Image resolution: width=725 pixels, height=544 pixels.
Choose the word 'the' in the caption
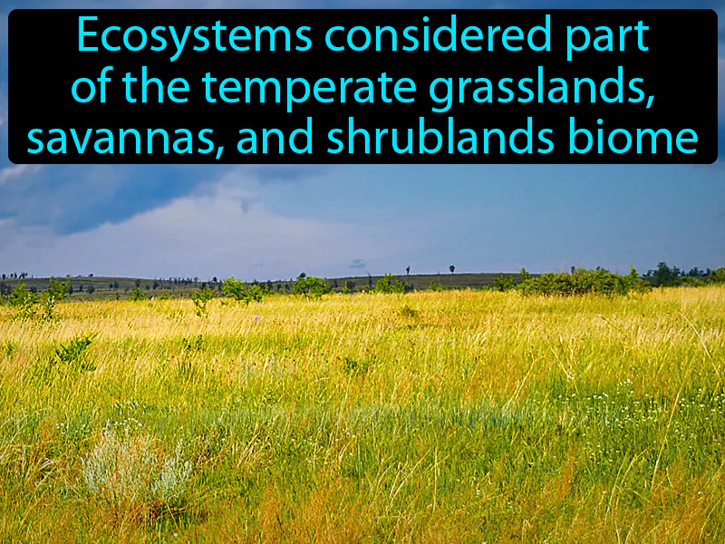(159, 89)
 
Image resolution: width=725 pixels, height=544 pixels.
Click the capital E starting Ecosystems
(86, 38)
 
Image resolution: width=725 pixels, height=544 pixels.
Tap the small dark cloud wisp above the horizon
(358, 263)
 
